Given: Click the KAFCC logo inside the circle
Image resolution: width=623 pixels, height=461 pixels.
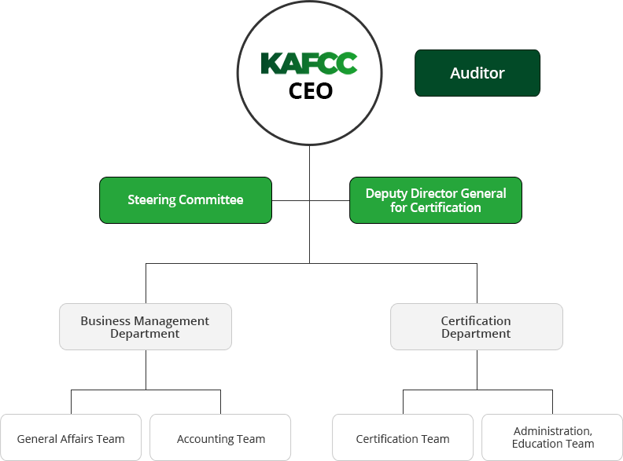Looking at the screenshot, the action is point(309,64).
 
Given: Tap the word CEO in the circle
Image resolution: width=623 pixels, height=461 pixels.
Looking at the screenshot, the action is point(310,91).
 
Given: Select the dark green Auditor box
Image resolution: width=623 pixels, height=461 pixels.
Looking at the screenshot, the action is point(477,73).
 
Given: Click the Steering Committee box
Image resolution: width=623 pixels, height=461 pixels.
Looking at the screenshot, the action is point(186,200).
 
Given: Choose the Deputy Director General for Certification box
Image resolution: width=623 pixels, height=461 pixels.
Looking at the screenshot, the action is point(436,200).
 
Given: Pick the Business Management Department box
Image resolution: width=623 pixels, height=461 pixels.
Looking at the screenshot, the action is point(146,327).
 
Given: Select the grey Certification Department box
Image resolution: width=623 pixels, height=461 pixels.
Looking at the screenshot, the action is point(477,327).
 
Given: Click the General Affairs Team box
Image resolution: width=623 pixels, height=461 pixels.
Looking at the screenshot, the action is point(71,437).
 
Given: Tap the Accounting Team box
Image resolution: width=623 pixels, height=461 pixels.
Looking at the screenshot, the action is point(220,437).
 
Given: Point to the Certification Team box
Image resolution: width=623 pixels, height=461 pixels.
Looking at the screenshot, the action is point(403,437).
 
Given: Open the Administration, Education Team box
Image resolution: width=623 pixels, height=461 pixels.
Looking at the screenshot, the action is point(552,437).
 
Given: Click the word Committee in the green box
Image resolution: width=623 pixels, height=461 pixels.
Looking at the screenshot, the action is point(211,199).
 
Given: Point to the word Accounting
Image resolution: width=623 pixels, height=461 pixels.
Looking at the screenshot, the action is point(205,440).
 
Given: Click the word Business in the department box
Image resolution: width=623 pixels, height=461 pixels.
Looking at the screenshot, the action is point(105,320).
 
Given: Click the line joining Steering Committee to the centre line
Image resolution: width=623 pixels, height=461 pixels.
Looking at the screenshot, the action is point(291,201).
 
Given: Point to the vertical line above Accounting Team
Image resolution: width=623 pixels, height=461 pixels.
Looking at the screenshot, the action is point(220,402).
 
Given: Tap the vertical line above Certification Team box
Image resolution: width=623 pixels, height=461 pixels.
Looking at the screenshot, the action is point(403,402).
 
